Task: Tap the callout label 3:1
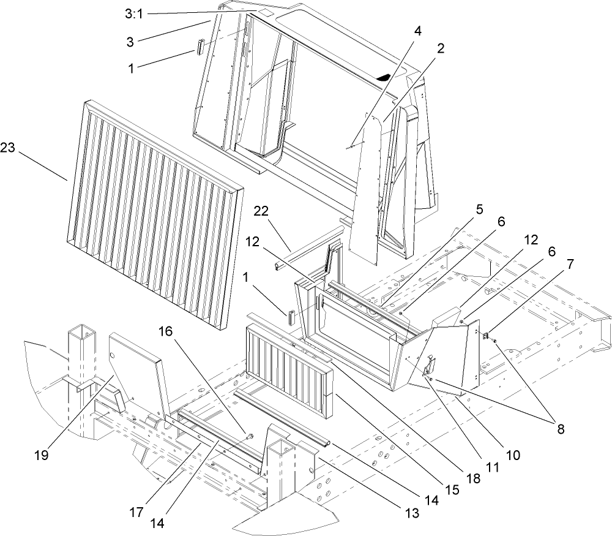pos(131,14)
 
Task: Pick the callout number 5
pos(479,209)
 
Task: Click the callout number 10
pos(512,455)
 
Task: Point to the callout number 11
pos(493,467)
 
